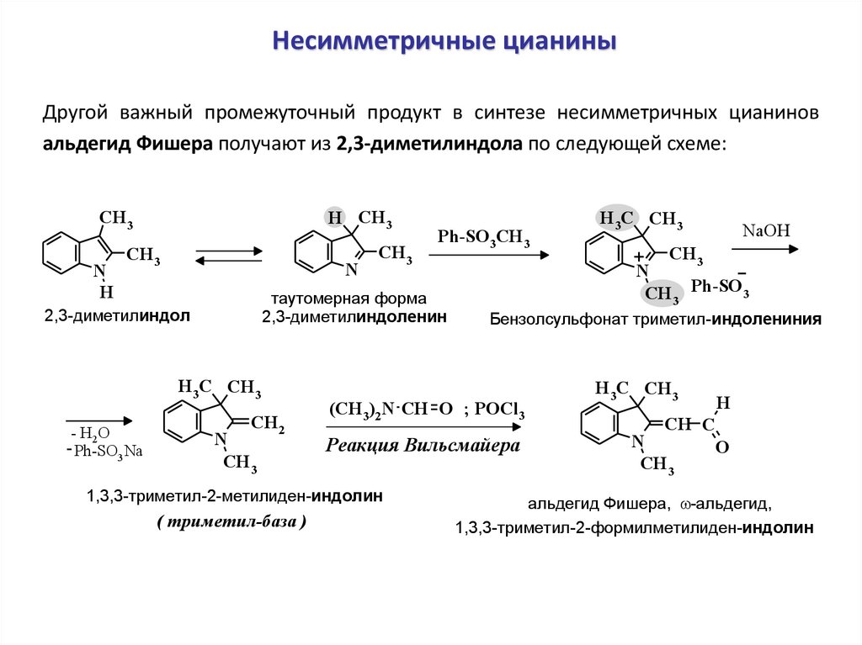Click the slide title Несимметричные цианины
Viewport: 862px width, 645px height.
(443, 41)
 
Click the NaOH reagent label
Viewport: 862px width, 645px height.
(765, 230)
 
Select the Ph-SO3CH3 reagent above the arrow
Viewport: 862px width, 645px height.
(483, 238)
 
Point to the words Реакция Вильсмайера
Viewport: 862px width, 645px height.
(423, 445)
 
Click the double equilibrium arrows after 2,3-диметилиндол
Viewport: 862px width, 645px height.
(228, 256)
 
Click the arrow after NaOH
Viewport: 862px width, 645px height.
(764, 248)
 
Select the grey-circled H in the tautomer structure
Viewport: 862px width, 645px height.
(335, 219)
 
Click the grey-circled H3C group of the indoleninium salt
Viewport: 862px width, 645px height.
(615, 219)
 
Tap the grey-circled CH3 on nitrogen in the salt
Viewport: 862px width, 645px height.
(662, 293)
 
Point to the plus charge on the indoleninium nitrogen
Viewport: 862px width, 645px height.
(639, 256)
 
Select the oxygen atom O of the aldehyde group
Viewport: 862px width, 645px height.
(721, 448)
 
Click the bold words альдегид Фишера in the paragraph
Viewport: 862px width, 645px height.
(129, 143)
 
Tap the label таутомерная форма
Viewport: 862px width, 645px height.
(349, 299)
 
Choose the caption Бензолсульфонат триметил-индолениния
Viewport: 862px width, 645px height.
(655, 320)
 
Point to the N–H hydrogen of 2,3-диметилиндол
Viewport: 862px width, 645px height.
(106, 293)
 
